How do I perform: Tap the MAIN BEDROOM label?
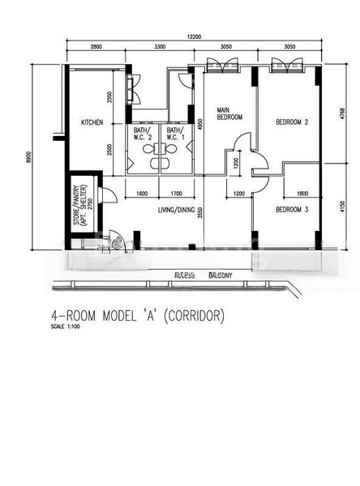coord(229,113)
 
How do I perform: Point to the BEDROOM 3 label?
coord(292,210)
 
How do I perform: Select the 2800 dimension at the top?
coord(96,48)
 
